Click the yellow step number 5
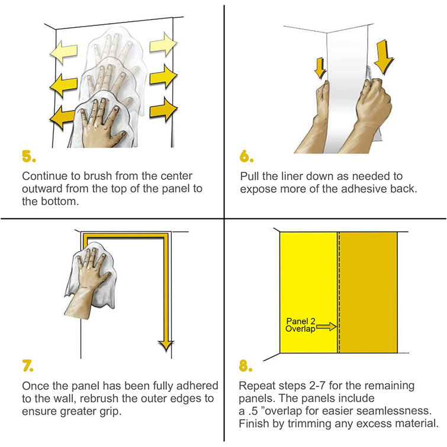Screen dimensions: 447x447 [29, 156]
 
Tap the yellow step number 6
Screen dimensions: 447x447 [246, 156]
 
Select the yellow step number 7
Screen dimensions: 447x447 [28, 366]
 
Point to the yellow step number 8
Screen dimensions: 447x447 [246, 366]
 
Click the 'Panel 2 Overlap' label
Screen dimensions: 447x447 [301, 325]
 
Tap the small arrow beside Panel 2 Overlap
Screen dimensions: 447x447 [326, 326]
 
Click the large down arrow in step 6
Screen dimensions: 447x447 [384, 56]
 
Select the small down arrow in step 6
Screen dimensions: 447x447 [320, 68]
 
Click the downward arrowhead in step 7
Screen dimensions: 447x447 [166, 346]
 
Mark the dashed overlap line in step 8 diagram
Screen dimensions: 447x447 [339, 292]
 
